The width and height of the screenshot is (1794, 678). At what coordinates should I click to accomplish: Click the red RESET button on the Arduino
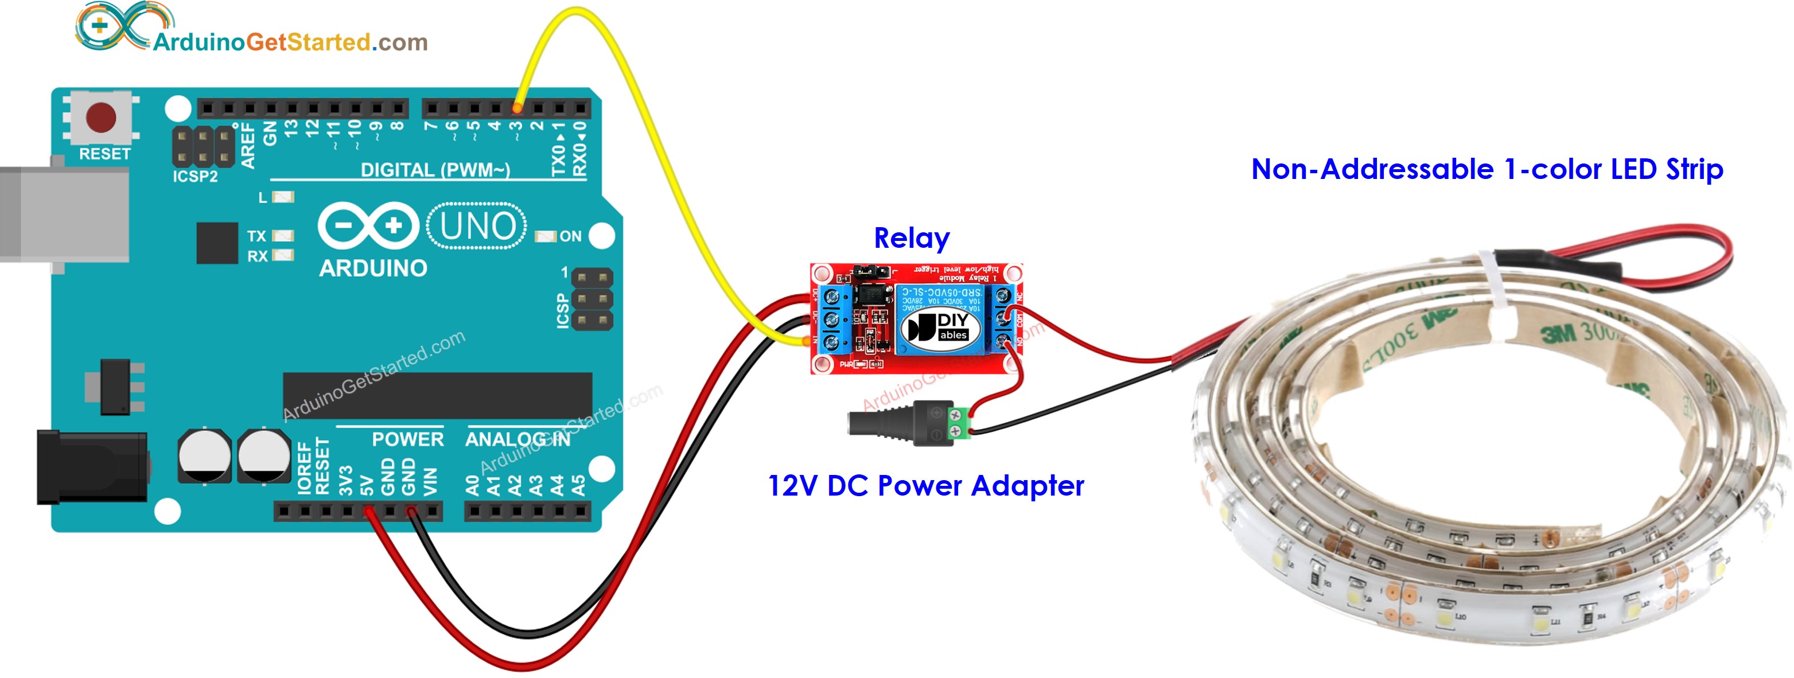102,117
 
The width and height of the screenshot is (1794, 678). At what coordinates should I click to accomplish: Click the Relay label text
911,239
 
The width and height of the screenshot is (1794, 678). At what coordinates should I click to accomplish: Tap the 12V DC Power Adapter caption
925,486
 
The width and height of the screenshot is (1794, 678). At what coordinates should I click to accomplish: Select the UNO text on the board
478,226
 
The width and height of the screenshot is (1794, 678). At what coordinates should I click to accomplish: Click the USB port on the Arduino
63,214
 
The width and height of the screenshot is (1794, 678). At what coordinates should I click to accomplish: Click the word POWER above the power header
407,440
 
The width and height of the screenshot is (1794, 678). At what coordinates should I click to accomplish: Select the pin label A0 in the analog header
473,485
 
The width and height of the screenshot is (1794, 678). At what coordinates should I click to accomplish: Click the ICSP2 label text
195,177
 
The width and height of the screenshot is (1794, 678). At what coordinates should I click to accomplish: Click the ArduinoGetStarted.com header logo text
290,42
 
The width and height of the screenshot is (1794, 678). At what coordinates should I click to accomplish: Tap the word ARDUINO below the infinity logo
372,268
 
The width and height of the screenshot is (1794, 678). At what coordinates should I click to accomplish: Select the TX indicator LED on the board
282,236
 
